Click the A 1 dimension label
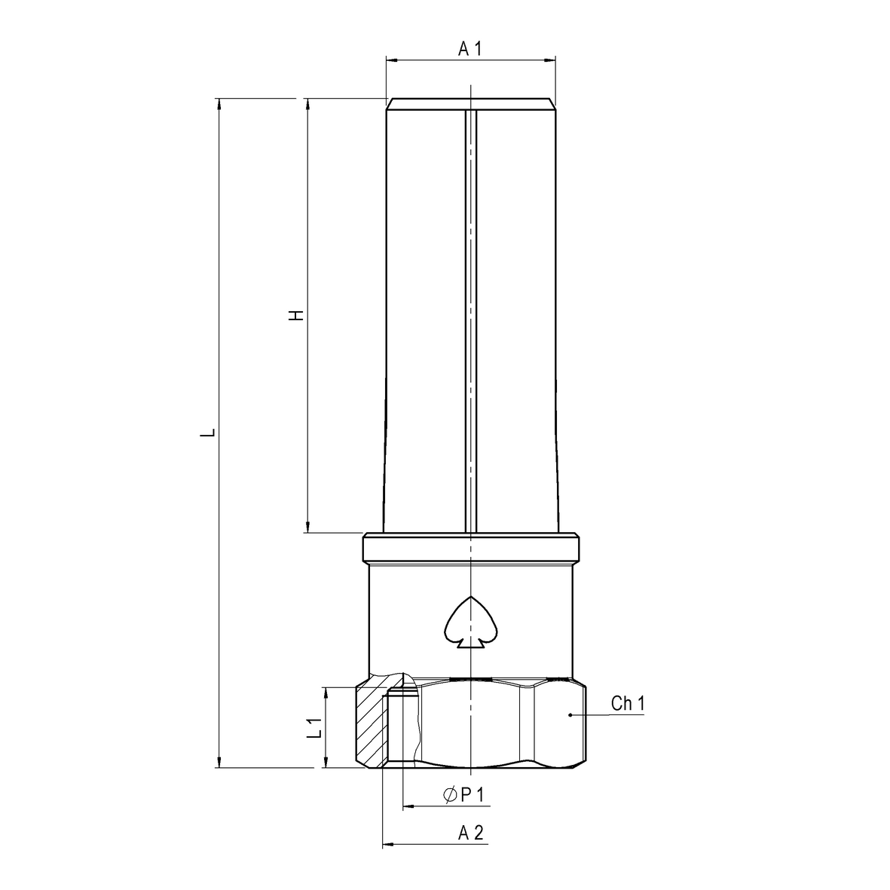pos(469,49)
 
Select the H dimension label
pos(298,315)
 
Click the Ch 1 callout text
pos(627,704)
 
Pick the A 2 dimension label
pos(470,833)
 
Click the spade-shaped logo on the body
pos(469,624)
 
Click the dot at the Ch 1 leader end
pos(570,714)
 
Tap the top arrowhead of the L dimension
pos(219,105)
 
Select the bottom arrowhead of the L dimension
pos(219,761)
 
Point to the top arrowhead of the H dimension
pos(307,105)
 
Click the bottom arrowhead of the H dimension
pos(307,527)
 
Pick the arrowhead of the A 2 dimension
pos(389,845)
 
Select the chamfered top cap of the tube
pos(470,104)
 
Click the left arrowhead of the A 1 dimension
pos(392,60)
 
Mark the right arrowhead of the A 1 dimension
pos(549,60)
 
